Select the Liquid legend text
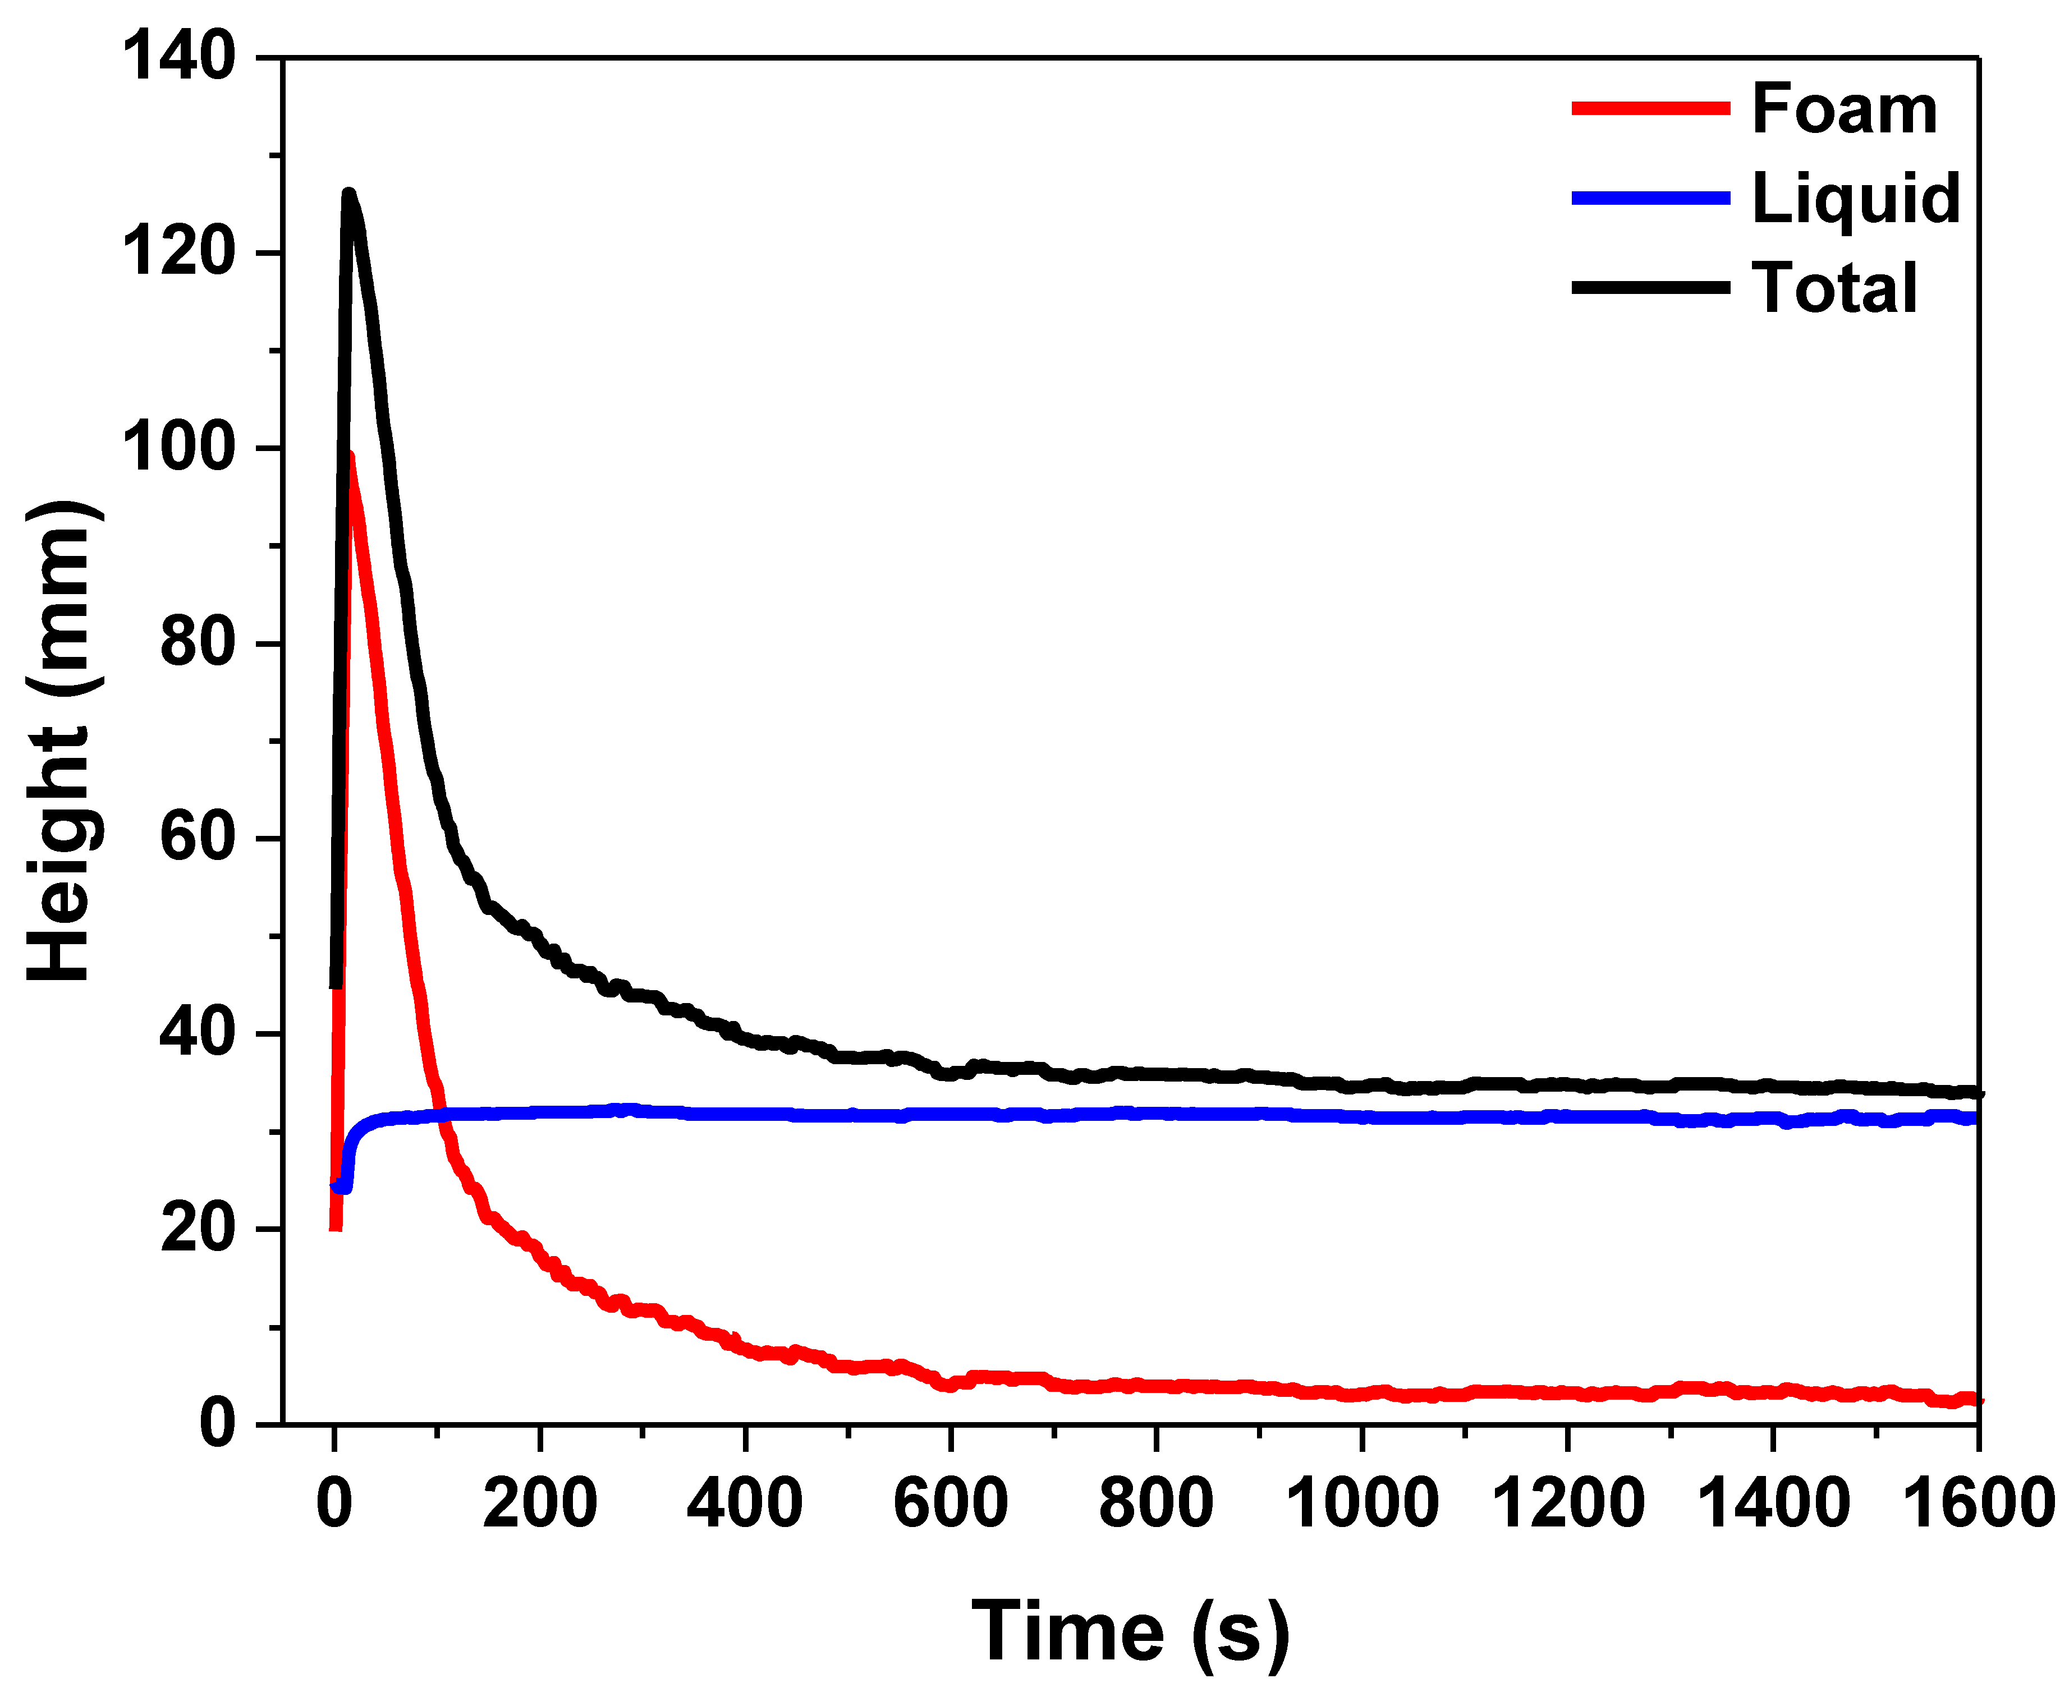pos(1855,199)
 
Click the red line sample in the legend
pos(1650,108)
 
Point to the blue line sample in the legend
pos(1650,199)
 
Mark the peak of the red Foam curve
pos(349,456)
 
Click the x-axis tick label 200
pos(540,1503)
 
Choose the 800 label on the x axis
pos(1156,1503)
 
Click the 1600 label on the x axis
pos(1977,1503)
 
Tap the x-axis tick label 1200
pos(1567,1503)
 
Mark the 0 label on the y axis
pos(217,1424)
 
